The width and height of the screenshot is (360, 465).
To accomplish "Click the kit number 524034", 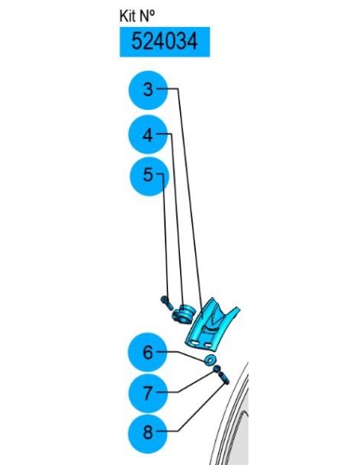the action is click(164, 41).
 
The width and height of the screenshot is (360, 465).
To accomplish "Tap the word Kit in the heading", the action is click(127, 16).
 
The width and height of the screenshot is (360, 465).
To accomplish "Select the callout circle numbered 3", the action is click(148, 90).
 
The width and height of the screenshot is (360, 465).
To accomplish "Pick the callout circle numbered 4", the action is click(148, 135).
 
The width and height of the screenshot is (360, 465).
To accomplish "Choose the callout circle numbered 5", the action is click(149, 176).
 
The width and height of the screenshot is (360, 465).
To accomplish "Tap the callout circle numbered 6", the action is click(147, 352).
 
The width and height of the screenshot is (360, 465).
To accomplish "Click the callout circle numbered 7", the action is click(147, 393).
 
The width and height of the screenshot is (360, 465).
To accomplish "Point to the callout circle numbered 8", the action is click(147, 434).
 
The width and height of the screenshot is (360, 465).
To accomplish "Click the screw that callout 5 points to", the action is click(166, 303).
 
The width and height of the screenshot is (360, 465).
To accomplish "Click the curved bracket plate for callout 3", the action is click(211, 323).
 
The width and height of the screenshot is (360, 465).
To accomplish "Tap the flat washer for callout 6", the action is click(211, 359).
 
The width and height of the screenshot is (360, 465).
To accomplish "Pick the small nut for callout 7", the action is click(217, 369).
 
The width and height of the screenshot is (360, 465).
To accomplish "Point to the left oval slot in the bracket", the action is click(195, 342).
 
